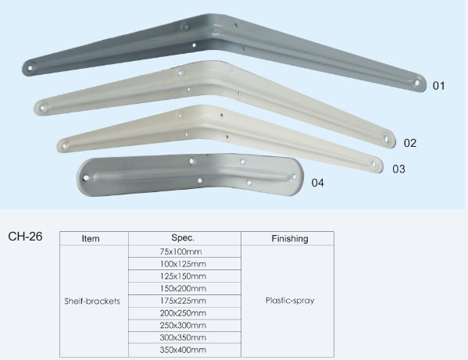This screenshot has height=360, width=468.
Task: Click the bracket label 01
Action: coord(439,86)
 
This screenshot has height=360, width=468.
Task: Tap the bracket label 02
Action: coord(410,143)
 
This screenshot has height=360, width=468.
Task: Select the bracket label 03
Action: coord(398,169)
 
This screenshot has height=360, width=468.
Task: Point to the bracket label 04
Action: coord(317,183)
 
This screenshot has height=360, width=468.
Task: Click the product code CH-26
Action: coord(25,237)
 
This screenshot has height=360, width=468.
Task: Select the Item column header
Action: coord(91,239)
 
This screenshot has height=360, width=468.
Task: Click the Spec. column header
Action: coord(183,237)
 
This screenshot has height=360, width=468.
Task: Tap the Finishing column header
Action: coord(290,238)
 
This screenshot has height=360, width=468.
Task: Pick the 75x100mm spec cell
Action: coord(180,251)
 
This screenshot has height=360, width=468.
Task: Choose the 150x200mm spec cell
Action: coord(183,288)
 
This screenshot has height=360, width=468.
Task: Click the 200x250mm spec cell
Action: coord(183,313)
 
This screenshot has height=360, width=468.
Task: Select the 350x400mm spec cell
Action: coord(183,350)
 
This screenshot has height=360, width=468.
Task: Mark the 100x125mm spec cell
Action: coord(183,264)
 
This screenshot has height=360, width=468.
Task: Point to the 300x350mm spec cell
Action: coord(183,337)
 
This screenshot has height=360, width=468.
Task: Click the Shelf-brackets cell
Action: coord(92,301)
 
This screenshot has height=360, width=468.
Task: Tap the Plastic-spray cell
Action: coord(290,301)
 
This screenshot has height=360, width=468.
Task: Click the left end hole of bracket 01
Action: coord(30,68)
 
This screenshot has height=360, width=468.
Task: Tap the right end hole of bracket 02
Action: coord(387,139)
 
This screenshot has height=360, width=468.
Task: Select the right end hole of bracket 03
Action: coord(373,164)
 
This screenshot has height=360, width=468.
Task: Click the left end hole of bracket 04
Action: coord(86,178)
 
